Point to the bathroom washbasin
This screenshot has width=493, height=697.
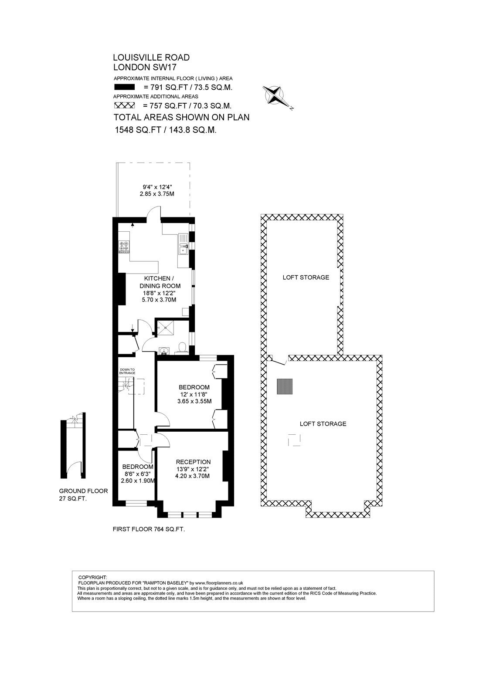[163, 351]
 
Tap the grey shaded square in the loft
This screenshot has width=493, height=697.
[285, 386]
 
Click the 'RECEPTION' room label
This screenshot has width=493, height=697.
[193, 462]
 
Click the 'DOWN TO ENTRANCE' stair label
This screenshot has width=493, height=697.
[127, 371]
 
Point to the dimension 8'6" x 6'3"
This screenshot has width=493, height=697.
[137, 474]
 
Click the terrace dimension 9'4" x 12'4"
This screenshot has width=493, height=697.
[157, 187]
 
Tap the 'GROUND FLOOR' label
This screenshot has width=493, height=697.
[83, 491]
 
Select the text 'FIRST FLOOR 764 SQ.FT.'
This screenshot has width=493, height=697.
[149, 529]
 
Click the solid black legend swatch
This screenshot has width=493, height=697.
[124, 87]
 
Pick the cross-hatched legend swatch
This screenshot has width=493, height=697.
[124, 105]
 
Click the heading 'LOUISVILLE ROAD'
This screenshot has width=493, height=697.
[151, 58]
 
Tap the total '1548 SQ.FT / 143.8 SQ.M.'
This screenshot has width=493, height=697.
[166, 130]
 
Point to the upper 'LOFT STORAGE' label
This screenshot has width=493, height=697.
[306, 277]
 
